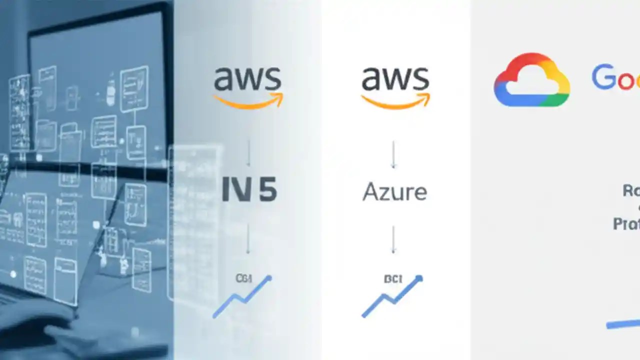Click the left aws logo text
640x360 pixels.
(x=247, y=79)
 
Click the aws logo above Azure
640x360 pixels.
(x=395, y=79)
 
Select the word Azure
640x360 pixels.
(x=394, y=192)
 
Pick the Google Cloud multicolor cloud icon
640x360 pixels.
(x=531, y=80)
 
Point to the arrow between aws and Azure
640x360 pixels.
(x=393, y=154)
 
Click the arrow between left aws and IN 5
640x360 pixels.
(x=248, y=153)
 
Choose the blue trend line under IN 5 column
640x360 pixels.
(x=242, y=298)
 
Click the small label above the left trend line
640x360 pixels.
(x=243, y=278)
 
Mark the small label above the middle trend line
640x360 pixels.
(x=393, y=279)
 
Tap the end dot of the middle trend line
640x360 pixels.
(x=419, y=278)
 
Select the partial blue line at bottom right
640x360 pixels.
(x=623, y=324)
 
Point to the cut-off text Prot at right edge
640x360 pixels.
(x=626, y=223)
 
